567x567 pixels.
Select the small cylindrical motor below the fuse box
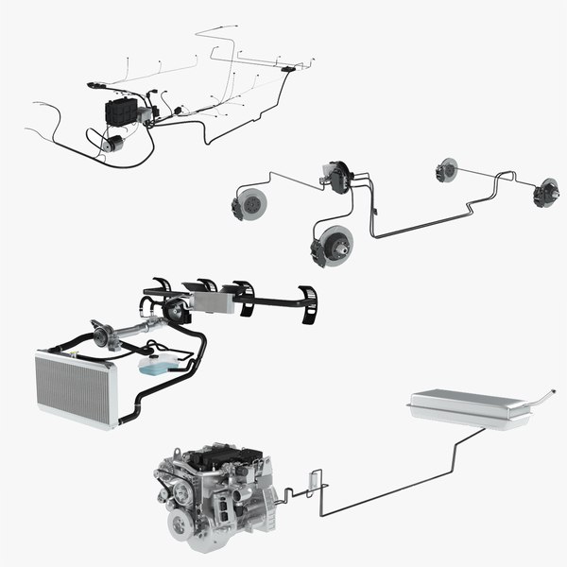[112, 143]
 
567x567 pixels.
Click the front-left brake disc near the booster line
[251, 203]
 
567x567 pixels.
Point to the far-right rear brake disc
[545, 193]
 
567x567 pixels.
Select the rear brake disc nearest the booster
[446, 171]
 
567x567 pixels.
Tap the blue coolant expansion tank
[153, 365]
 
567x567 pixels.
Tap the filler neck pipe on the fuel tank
[541, 395]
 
